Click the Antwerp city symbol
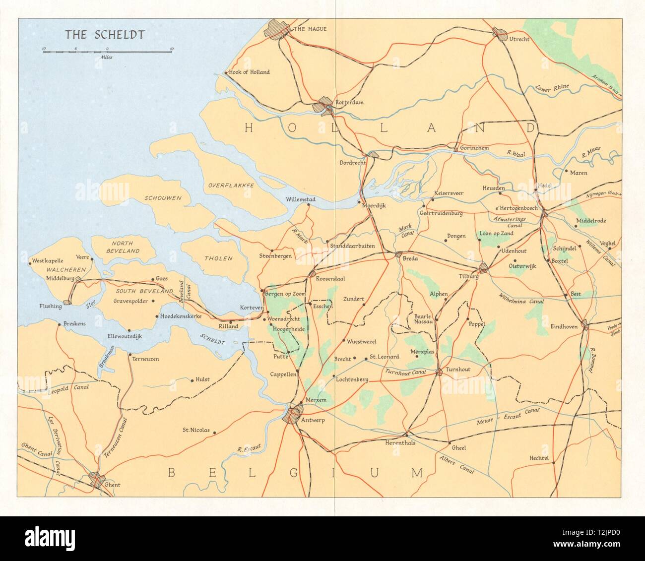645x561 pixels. pyautogui.click(x=293, y=413)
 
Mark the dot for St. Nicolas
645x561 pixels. pyautogui.click(x=214, y=433)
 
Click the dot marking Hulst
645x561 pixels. pyautogui.click(x=192, y=381)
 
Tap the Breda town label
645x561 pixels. pyautogui.click(x=410, y=259)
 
